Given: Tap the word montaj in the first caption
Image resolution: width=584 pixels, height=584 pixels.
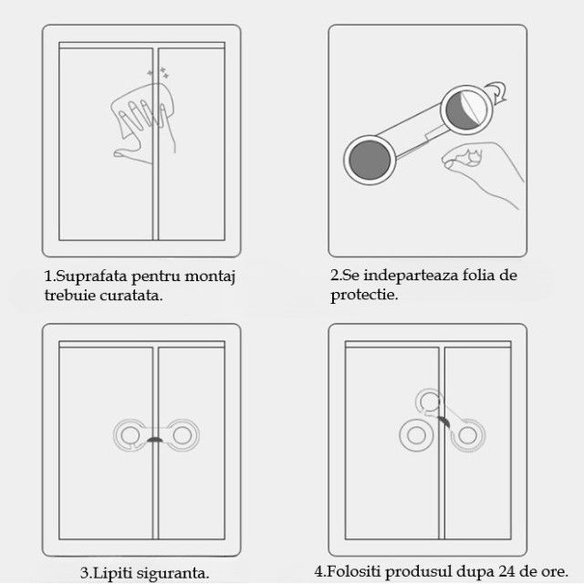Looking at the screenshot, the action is pyautogui.click(x=210, y=277).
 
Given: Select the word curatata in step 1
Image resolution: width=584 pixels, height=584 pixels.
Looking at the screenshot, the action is pyautogui.click(x=130, y=296).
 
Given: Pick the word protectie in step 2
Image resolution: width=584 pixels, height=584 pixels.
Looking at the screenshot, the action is pyautogui.click(x=363, y=295).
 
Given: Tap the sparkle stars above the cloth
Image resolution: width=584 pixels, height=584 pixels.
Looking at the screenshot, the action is pyautogui.click(x=158, y=73).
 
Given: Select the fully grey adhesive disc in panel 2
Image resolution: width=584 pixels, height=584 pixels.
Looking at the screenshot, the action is pyautogui.click(x=370, y=160).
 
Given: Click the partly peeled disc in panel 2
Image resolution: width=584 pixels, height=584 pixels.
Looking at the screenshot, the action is pyautogui.click(x=467, y=110).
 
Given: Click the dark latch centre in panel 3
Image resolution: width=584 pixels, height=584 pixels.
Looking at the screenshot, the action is pyautogui.click(x=155, y=440).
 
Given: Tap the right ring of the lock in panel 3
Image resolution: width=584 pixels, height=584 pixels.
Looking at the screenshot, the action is pyautogui.click(x=182, y=434).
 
